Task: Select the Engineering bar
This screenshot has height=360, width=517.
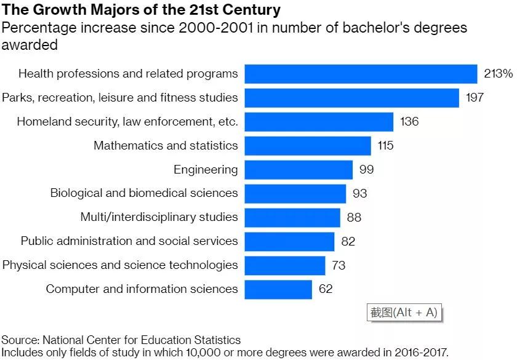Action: (x=299, y=170)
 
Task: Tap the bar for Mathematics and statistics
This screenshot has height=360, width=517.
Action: (x=308, y=146)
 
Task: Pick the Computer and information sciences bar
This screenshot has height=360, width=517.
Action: (x=278, y=289)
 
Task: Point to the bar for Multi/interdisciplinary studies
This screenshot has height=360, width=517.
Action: (x=292, y=217)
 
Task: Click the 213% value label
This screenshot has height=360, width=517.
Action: (x=498, y=74)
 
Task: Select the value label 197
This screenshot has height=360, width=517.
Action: (x=474, y=98)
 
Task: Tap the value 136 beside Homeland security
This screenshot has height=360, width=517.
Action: (x=409, y=122)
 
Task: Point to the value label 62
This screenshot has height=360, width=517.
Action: (x=326, y=289)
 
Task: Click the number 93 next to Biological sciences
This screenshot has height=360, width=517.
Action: (x=359, y=193)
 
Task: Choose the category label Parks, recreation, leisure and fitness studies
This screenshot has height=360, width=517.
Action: (x=119, y=97)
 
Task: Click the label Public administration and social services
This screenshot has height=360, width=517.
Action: (x=129, y=241)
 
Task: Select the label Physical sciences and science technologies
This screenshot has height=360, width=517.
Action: (x=120, y=265)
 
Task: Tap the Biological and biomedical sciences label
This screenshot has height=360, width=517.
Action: (x=144, y=193)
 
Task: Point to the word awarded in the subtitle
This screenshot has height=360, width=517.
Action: (x=30, y=45)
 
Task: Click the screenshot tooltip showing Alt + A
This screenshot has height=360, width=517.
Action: (x=404, y=312)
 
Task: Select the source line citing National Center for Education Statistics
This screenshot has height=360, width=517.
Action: (x=121, y=340)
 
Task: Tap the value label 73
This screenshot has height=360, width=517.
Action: (x=338, y=265)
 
